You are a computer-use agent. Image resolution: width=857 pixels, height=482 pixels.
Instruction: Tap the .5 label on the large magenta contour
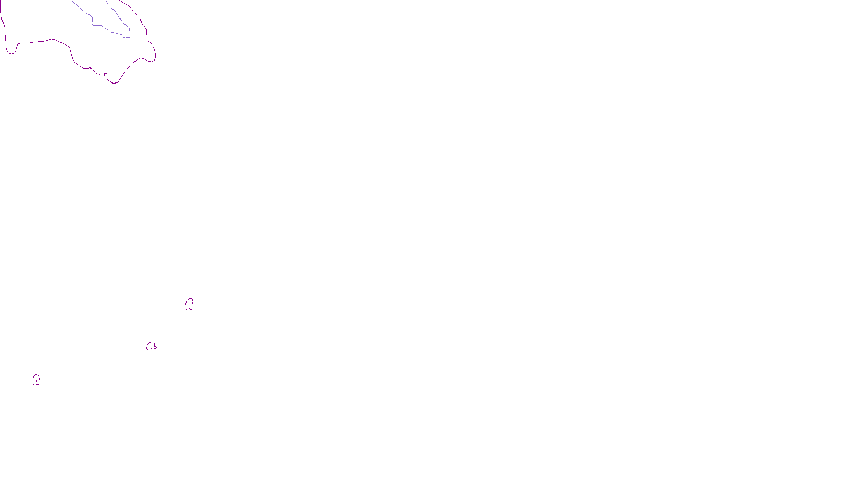click(x=105, y=76)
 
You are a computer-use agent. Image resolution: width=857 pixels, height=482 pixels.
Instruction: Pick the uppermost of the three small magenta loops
click(x=189, y=302)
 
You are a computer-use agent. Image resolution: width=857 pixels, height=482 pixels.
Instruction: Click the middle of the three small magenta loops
click(x=150, y=345)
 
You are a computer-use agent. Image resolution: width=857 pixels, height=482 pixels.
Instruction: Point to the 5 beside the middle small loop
click(x=155, y=347)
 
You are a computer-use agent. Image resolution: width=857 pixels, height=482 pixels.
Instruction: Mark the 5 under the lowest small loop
click(x=37, y=382)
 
